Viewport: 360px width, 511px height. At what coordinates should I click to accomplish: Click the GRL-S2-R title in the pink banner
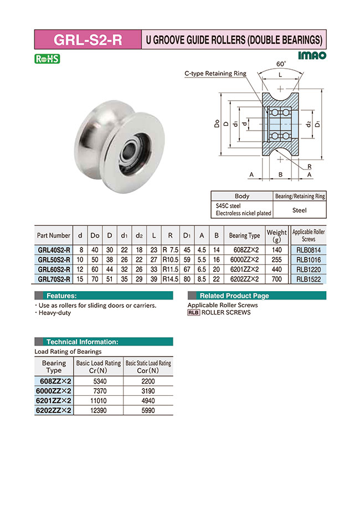[x=88, y=40]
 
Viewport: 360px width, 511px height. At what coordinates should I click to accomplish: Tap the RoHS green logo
[x=47, y=59]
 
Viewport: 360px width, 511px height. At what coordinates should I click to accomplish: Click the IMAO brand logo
[x=312, y=55]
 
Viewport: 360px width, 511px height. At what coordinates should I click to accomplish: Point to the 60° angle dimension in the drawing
[x=281, y=64]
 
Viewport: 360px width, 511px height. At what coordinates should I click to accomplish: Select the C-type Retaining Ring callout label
[x=215, y=73]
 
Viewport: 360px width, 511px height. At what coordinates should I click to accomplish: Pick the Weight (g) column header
[x=276, y=235]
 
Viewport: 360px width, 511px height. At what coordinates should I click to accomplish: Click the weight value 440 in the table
[x=276, y=270]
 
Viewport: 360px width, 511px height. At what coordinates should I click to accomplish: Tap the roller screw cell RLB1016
[x=308, y=260]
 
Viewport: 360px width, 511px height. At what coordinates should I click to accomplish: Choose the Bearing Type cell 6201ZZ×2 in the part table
[x=244, y=270]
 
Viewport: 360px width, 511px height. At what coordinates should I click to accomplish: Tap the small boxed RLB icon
[x=193, y=312]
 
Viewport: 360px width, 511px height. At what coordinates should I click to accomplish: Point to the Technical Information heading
[x=82, y=342]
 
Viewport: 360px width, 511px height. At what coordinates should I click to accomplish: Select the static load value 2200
[x=148, y=381]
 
